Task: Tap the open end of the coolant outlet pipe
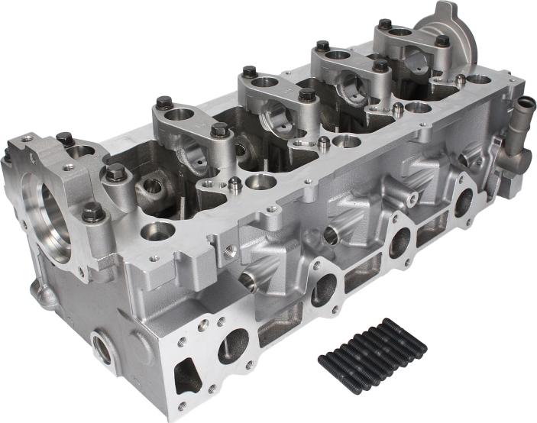tap(525, 105)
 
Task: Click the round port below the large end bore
tap(103, 347)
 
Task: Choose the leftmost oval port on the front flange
tap(233, 345)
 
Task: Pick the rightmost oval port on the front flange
tap(463, 202)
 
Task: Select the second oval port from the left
tap(324, 289)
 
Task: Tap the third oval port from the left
tap(400, 242)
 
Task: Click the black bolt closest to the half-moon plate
tap(442, 42)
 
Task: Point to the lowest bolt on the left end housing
tap(93, 213)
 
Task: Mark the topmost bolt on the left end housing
tap(65, 139)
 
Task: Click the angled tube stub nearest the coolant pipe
tap(467, 159)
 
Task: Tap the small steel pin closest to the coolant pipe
tap(460, 79)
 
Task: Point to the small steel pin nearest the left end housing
tap(235, 184)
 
